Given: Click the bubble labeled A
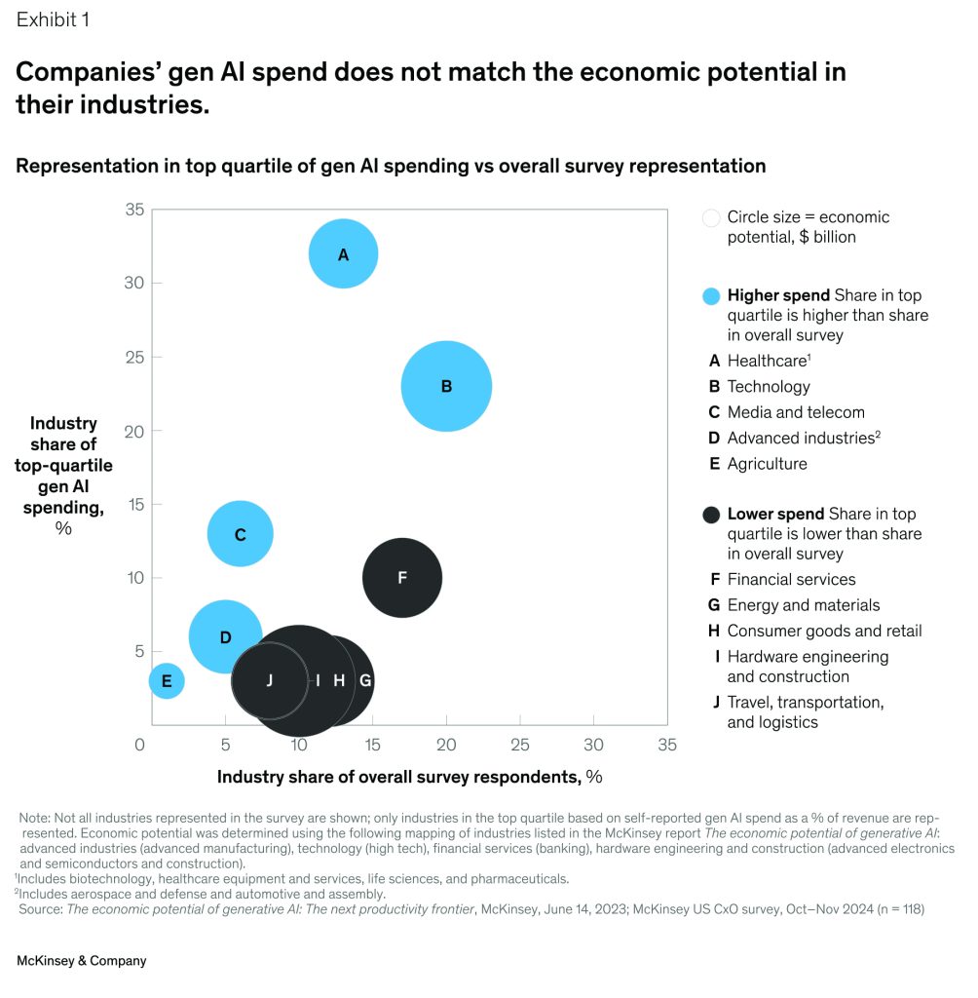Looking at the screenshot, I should tap(343, 254).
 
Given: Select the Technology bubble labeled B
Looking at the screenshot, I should tap(446, 386).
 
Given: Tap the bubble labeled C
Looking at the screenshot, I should tap(240, 534).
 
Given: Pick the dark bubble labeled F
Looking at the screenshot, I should tap(401, 577).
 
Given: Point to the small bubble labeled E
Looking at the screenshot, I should tap(167, 680).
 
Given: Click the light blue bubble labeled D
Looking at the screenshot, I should tap(224, 636).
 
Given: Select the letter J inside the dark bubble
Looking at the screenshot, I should tap(269, 680).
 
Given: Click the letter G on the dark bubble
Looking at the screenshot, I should tap(365, 680).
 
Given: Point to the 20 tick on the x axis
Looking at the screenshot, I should tap(446, 745).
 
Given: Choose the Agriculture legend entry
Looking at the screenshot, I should tap(767, 464).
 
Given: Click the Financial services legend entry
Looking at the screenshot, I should tap(791, 580).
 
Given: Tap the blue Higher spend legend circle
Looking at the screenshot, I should tap(711, 296).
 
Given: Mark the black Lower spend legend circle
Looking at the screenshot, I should tap(711, 515).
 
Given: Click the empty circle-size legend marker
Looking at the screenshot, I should tap(711, 217).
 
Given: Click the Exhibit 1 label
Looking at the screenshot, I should tap(53, 19).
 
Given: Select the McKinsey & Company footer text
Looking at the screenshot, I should tap(81, 961).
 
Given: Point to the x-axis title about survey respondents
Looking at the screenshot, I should tap(409, 777).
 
